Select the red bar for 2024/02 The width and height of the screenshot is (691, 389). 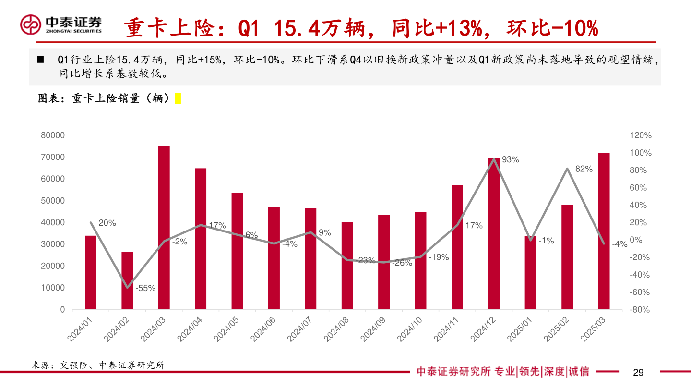[127, 280]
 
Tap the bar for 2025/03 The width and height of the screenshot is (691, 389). [604, 231]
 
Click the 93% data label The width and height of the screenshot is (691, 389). [510, 160]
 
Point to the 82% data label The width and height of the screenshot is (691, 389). [584, 169]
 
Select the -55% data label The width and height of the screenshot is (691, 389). [145, 288]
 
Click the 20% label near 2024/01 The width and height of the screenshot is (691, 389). [107, 223]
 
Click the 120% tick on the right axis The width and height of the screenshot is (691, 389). [641, 136]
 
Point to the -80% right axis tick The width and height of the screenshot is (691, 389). [641, 310]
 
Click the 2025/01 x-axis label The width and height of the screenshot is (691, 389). [522, 329]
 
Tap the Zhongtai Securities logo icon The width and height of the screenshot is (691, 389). [31, 24]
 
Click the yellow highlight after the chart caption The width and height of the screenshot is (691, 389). [178, 98]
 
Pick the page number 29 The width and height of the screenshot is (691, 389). [638, 372]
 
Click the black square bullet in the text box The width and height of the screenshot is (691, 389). [40, 60]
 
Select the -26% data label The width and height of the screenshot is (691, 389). [402, 263]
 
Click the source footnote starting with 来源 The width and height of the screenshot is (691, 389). [98, 365]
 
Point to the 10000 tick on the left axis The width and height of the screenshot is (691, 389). [56, 288]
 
